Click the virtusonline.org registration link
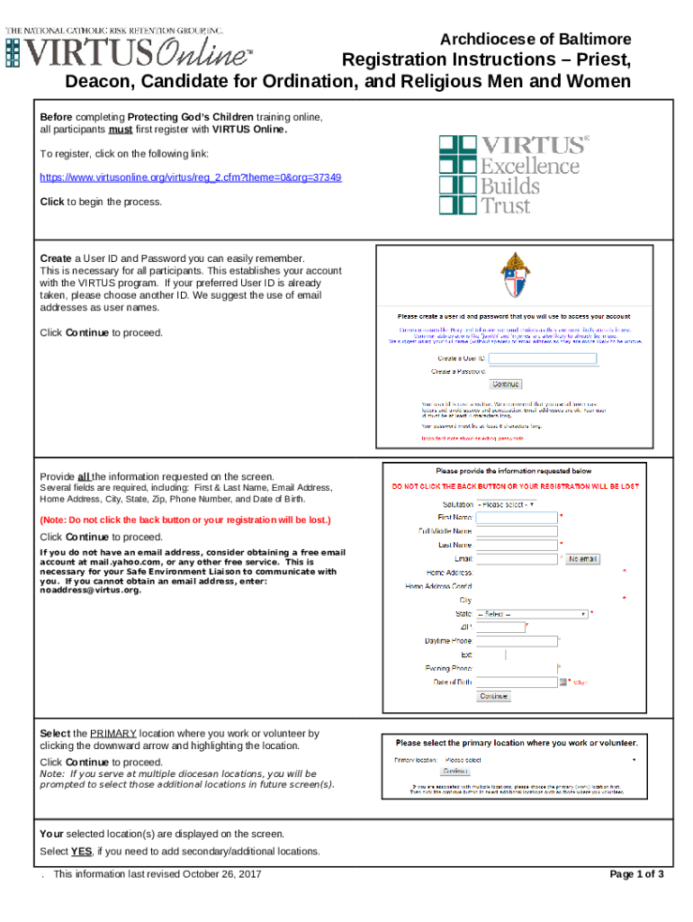pos(191,177)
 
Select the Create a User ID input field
pos(543,358)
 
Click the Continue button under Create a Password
pos(505,384)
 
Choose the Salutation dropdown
pos(506,504)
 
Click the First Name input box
pos(517,518)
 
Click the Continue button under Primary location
pos(455,771)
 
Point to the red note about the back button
pos(185,520)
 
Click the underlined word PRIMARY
pos(112,734)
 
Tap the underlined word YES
pos(82,851)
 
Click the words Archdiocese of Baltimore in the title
pos(535,40)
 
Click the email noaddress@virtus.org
pos(91,591)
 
